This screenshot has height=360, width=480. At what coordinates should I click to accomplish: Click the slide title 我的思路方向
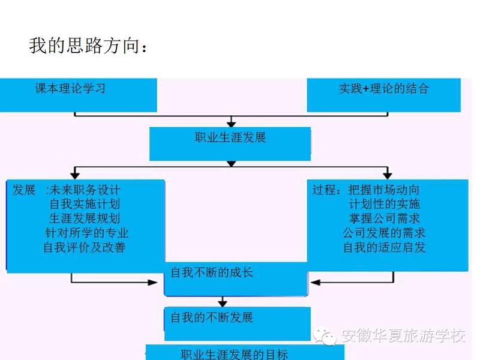coord(88,46)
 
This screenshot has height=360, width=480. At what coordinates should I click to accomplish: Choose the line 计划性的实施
coord(385,204)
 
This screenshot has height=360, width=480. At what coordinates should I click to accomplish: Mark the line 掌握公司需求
coord(385,218)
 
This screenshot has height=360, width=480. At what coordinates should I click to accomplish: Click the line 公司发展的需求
coord(384,233)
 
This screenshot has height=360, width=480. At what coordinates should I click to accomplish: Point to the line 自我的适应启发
coord(384,247)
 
